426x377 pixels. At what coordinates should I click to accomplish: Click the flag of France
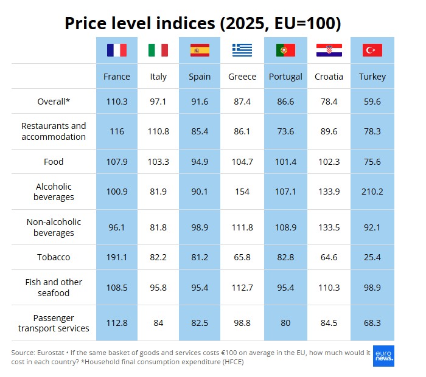pyautogui.click(x=117, y=50)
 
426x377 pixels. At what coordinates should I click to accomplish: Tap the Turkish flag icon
pyautogui.click(x=372, y=50)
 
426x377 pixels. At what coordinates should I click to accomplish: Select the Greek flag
pyautogui.click(x=242, y=50)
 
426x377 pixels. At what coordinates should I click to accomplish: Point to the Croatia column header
pyautogui.click(x=329, y=77)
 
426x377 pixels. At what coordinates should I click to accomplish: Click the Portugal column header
pyautogui.click(x=285, y=77)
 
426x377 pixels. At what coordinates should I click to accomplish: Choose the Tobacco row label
pyautogui.click(x=54, y=257)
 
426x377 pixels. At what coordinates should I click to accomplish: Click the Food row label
pyautogui.click(x=54, y=162)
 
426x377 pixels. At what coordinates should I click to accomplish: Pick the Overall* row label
pyautogui.click(x=54, y=102)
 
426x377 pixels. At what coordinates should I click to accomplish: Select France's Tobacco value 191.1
pyautogui.click(x=117, y=257)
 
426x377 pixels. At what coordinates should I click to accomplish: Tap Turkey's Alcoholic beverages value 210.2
pyautogui.click(x=372, y=192)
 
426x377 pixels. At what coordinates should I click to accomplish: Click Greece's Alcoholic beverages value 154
pyautogui.click(x=242, y=192)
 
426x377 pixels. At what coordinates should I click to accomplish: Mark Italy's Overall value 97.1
pyautogui.click(x=158, y=102)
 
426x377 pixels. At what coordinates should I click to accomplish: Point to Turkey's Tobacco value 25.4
pyautogui.click(x=372, y=257)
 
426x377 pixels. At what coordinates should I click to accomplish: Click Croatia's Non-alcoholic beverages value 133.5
pyautogui.click(x=329, y=227)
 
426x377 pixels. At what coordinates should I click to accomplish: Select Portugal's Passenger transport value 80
pyautogui.click(x=285, y=323)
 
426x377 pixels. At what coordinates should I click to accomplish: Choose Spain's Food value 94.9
pyautogui.click(x=200, y=162)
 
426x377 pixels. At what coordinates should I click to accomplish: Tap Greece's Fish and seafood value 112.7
pyautogui.click(x=242, y=288)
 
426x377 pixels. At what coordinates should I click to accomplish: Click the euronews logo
pyautogui.click(x=383, y=356)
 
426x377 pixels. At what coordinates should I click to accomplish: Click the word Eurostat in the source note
pyautogui.click(x=51, y=353)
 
